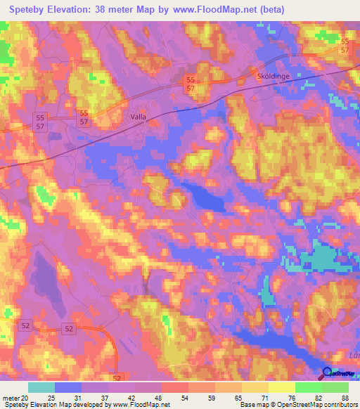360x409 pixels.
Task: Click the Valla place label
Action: click(x=141, y=118)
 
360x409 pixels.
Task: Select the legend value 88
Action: click(x=344, y=397)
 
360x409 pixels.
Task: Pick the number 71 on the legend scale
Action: click(x=264, y=397)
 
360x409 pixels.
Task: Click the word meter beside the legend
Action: click(x=9, y=397)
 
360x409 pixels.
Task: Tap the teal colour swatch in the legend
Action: click(x=41, y=387)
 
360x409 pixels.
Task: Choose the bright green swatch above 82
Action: click(x=309, y=387)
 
